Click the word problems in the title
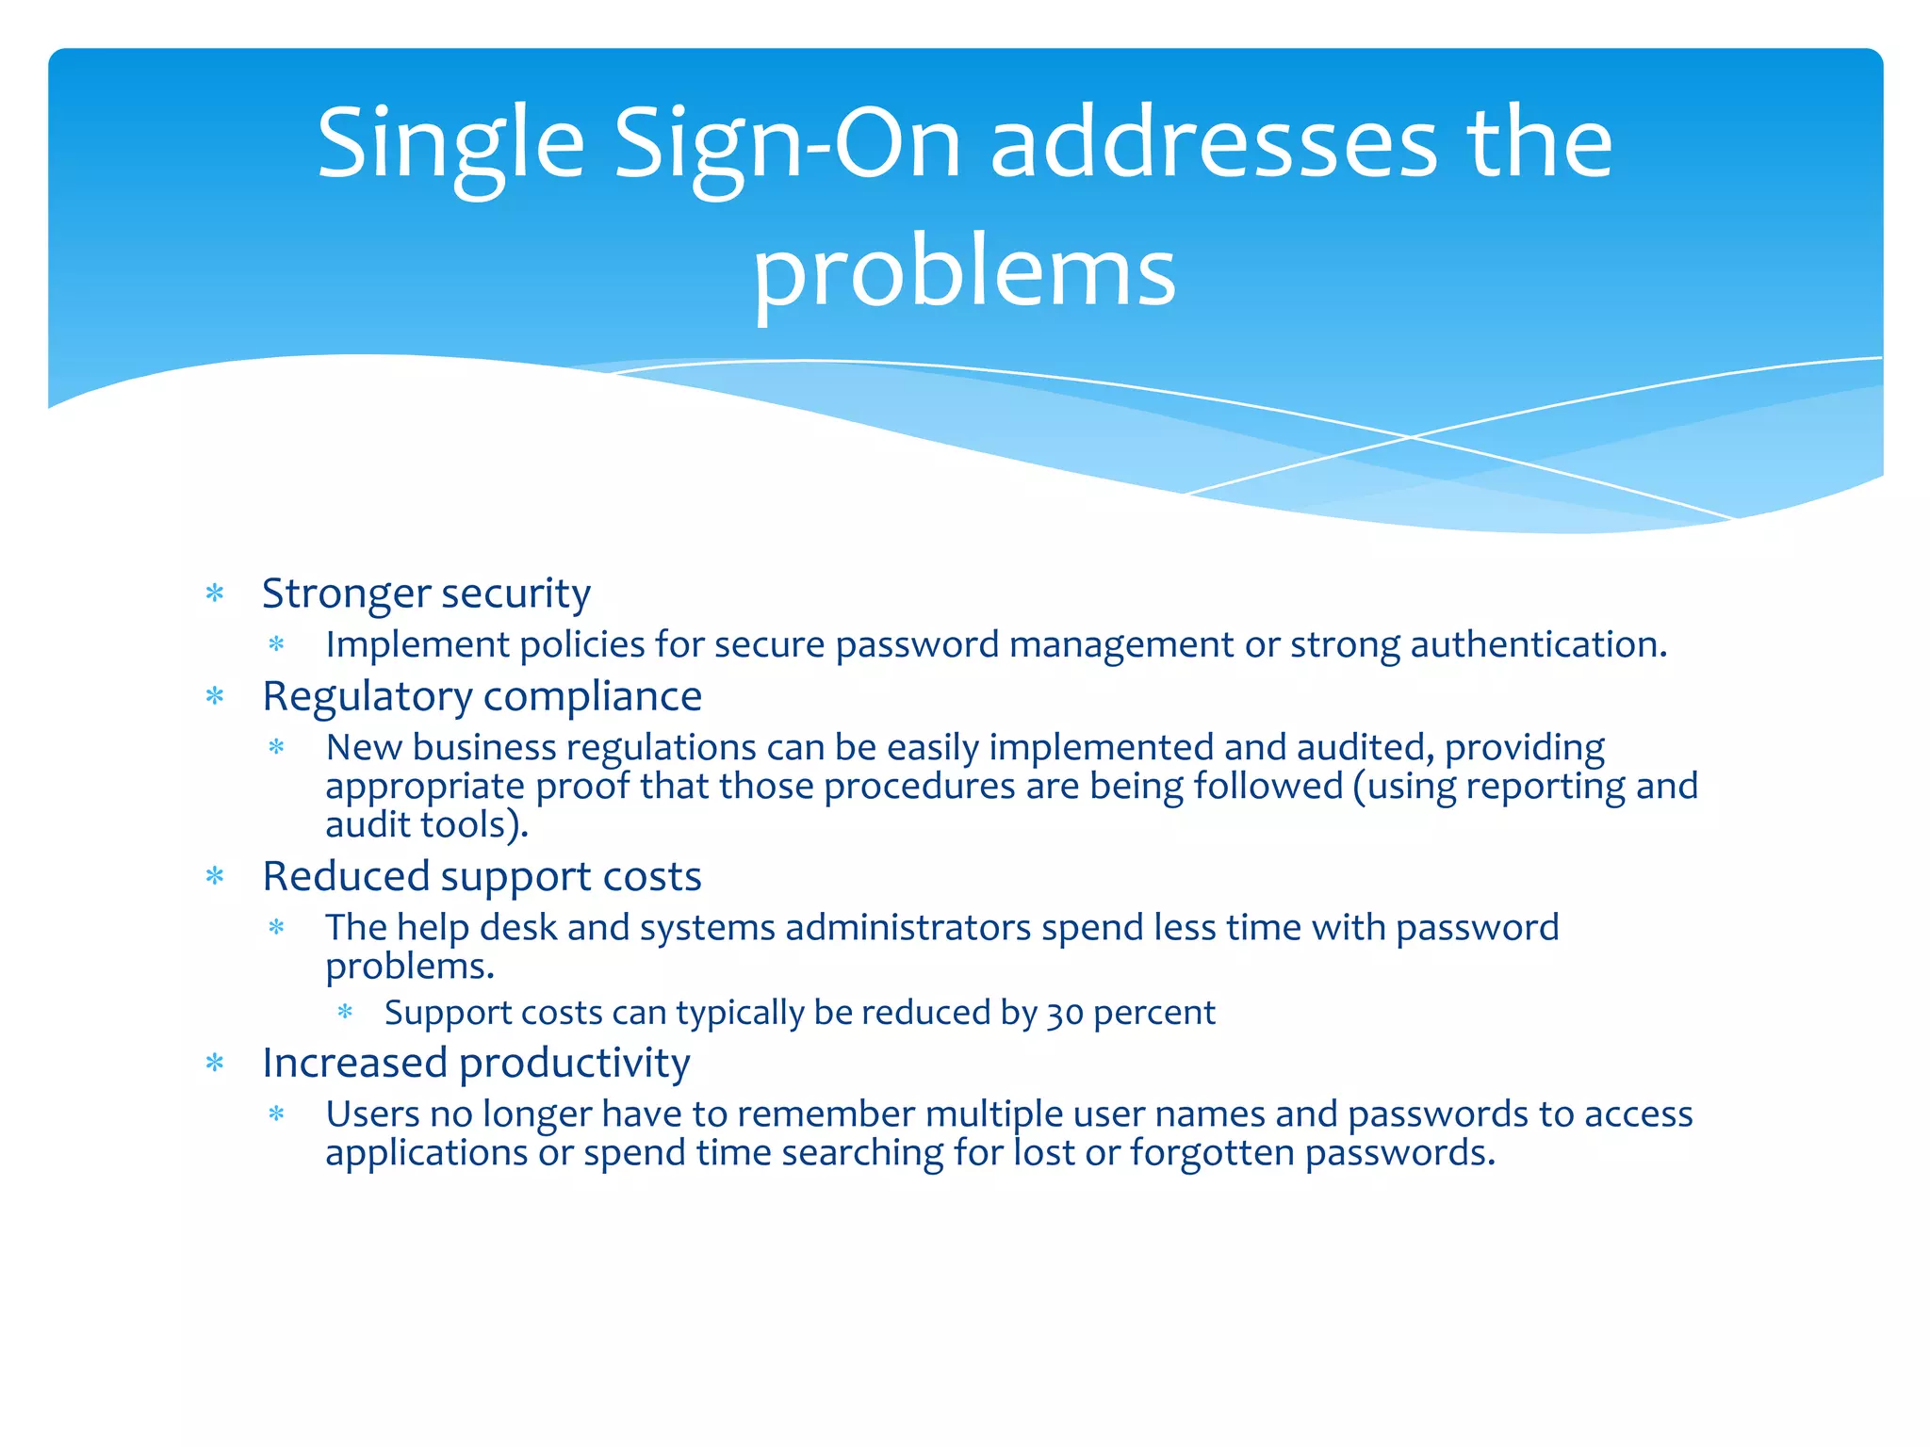tap(964, 273)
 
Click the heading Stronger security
tap(426, 593)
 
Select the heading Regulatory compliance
tap(482, 696)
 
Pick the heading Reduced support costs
tap(482, 876)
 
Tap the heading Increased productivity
tap(476, 1063)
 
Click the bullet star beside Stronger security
tap(215, 593)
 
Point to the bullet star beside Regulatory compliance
tap(215, 697)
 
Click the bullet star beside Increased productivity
tap(215, 1064)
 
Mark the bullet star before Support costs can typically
tap(345, 1013)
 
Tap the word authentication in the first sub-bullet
tap(1538, 644)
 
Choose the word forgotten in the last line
tap(1212, 1153)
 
